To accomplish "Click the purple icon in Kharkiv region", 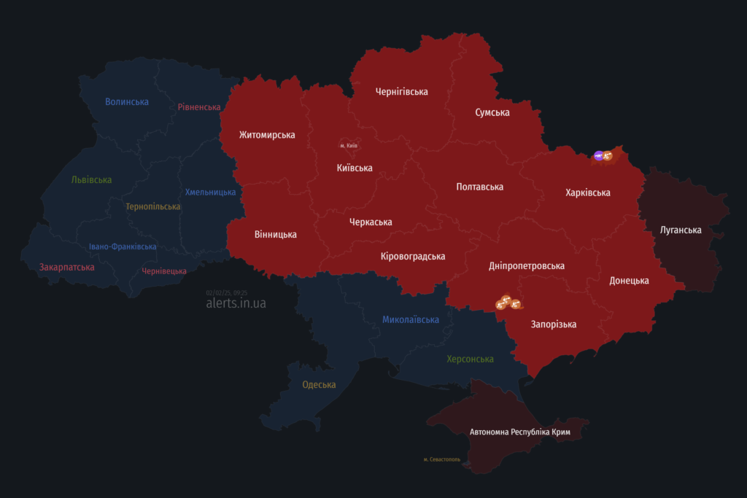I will pyautogui.click(x=599, y=155).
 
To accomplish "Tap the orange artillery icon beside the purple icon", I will pyautogui.click(x=608, y=155).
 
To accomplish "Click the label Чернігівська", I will pyautogui.click(x=401, y=92).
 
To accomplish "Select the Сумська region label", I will pyautogui.click(x=492, y=112).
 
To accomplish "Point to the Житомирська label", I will pyautogui.click(x=267, y=135).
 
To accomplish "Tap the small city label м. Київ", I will pyautogui.click(x=349, y=146).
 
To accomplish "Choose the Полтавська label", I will pyautogui.click(x=479, y=187).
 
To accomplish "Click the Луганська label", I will pyautogui.click(x=681, y=230).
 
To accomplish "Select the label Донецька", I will pyautogui.click(x=629, y=281).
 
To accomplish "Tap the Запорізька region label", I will pyautogui.click(x=554, y=324).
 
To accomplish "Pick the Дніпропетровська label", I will pyautogui.click(x=527, y=266).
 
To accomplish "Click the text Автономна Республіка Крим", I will pyautogui.click(x=519, y=432).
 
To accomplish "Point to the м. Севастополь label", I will pyautogui.click(x=441, y=459).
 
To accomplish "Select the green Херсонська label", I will pyautogui.click(x=470, y=359).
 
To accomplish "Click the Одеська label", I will pyautogui.click(x=319, y=384).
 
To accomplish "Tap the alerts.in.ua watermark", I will pyautogui.click(x=236, y=303).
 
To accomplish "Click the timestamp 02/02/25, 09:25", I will pyautogui.click(x=227, y=292).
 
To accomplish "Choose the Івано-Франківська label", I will pyautogui.click(x=123, y=246).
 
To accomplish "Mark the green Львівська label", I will pyautogui.click(x=92, y=179).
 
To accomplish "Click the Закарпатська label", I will pyautogui.click(x=66, y=267).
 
